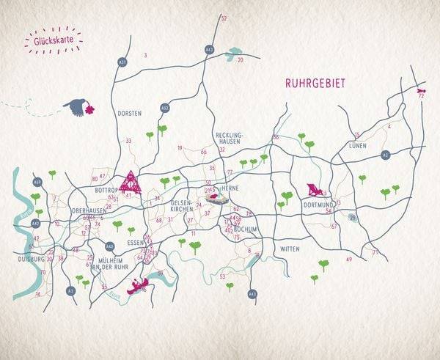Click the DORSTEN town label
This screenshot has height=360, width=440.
tap(129, 113)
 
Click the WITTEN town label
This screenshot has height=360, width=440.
tap(290, 249)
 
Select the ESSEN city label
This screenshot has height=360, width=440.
tap(137, 241)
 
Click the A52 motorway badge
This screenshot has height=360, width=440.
tap(165, 109)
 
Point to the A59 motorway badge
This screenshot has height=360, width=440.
tap(37, 181)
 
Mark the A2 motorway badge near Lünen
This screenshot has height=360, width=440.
tap(385, 155)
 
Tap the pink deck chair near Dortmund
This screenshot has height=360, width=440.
tap(313, 189)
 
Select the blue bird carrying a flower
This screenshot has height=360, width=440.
tap(76, 108)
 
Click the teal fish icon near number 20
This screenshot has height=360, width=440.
tap(235, 52)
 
